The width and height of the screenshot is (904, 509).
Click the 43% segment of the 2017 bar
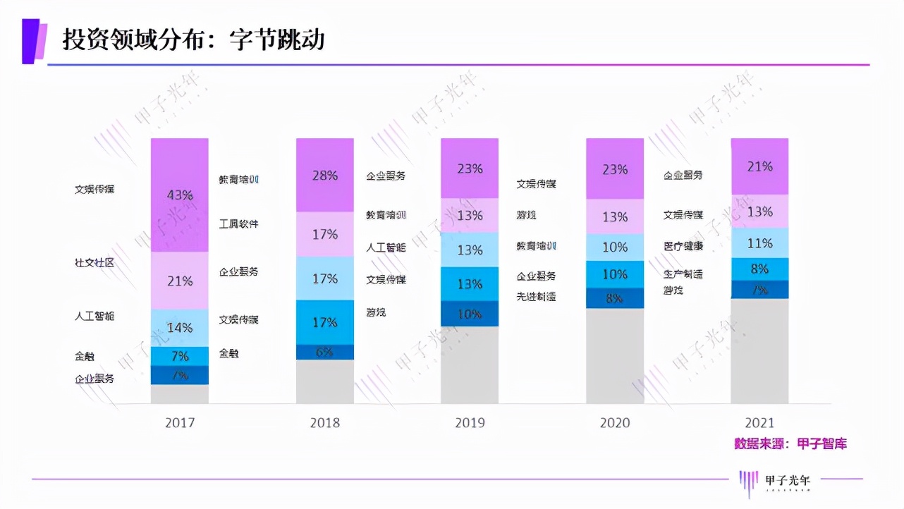[180, 195]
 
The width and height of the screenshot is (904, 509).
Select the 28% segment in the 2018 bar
[324, 176]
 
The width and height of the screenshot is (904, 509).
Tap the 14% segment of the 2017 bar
[180, 328]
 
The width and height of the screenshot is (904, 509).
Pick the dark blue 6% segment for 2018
[324, 352]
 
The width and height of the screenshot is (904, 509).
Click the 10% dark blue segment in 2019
[470, 314]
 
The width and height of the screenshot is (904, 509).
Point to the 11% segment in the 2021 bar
[759, 243]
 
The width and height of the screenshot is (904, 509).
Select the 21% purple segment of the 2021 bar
[759, 166]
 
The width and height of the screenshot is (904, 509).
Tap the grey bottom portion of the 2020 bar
[614, 356]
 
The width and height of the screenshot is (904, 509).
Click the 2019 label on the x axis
[470, 423]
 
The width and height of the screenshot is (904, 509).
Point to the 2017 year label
[180, 423]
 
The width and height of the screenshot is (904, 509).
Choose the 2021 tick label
[759, 423]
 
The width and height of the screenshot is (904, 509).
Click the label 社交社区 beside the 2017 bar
[94, 262]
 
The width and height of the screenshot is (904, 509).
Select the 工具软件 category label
[238, 223]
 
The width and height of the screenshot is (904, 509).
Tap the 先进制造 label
[536, 297]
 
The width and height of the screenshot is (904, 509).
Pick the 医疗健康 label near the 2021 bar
[683, 246]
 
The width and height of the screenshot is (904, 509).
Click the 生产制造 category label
[683, 274]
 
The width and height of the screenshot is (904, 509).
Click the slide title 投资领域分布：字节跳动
[194, 39]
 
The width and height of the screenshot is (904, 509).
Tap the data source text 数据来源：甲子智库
[790, 443]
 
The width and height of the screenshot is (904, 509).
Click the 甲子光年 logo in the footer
[776, 481]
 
